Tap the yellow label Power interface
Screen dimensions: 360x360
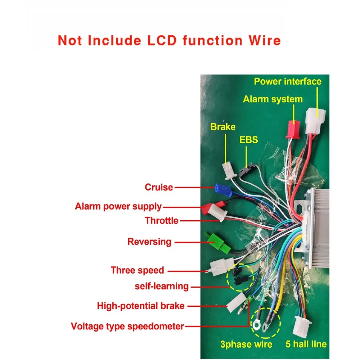[288, 81]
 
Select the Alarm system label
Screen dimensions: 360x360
[273, 99]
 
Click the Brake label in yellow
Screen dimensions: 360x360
[223, 127]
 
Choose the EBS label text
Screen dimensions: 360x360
[249, 140]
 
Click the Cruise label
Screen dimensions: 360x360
[159, 187]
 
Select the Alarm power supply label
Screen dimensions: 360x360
[118, 207]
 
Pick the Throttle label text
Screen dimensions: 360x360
[162, 220]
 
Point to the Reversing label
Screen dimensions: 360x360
[149, 241]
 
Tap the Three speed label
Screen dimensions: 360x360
[137, 270]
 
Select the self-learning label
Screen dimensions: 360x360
[162, 286]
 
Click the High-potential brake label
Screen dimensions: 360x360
[141, 306]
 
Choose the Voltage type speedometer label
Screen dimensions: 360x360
[127, 327]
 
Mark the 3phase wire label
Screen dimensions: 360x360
[246, 344]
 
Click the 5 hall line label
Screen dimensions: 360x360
[306, 344]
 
